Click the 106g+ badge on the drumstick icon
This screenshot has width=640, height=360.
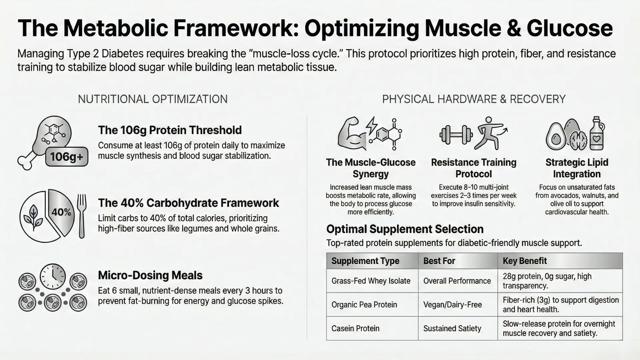[67, 156]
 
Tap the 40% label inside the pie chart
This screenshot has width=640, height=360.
[61, 212]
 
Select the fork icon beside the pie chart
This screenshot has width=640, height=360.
[81, 216]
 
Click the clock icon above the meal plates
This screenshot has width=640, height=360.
[53, 276]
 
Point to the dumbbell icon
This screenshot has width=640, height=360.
[456, 135]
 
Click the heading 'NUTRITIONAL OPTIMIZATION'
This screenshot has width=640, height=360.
[153, 99]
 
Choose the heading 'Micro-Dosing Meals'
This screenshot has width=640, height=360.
[150, 275]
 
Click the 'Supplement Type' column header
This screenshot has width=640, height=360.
[365, 261]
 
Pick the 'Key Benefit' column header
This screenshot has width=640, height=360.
[525, 261]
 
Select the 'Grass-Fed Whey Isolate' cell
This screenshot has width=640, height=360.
[371, 281]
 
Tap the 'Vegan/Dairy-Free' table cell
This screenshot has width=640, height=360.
[452, 305]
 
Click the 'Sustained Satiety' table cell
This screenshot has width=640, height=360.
[452, 328]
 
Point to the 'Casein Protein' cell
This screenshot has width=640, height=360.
[355, 328]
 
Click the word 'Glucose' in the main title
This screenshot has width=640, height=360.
[570, 28]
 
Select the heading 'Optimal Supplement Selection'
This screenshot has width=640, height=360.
[405, 229]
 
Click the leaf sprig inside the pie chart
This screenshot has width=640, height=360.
[34, 217]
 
